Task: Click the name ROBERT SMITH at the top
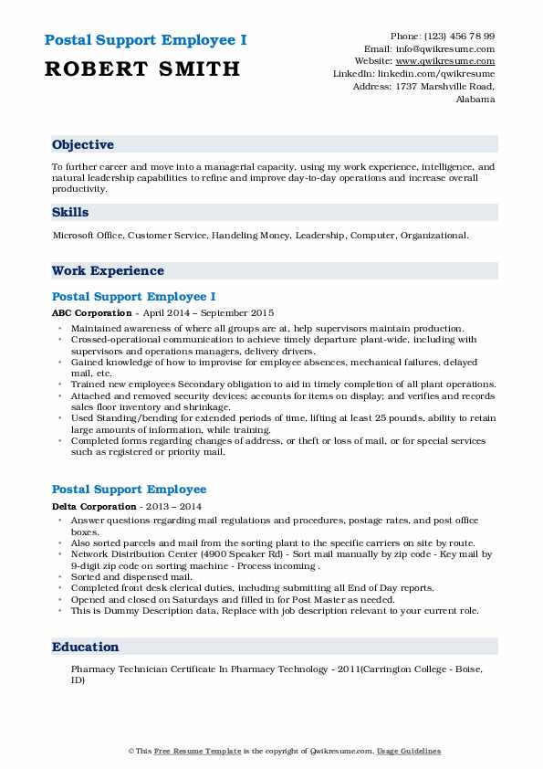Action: click(x=141, y=68)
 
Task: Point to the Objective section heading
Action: click(x=83, y=145)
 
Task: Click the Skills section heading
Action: click(x=70, y=213)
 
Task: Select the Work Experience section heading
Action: click(x=108, y=271)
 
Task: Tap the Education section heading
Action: click(x=86, y=648)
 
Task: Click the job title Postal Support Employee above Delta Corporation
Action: click(x=129, y=490)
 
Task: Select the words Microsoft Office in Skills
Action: click(x=88, y=236)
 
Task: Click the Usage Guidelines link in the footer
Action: click(x=410, y=751)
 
